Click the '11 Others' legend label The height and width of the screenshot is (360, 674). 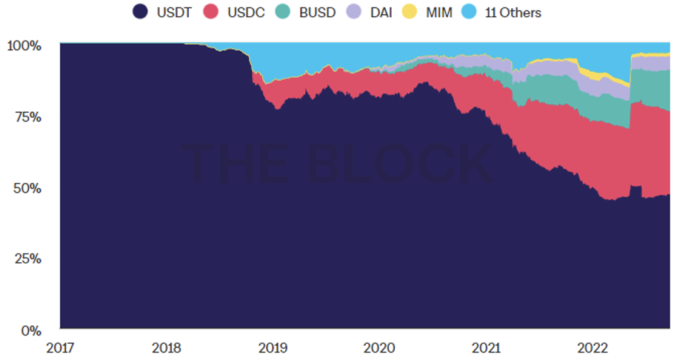[513, 13]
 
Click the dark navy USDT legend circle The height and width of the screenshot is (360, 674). [141, 13]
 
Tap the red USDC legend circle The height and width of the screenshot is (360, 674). [215, 13]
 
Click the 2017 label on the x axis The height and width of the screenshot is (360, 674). [60, 348]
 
